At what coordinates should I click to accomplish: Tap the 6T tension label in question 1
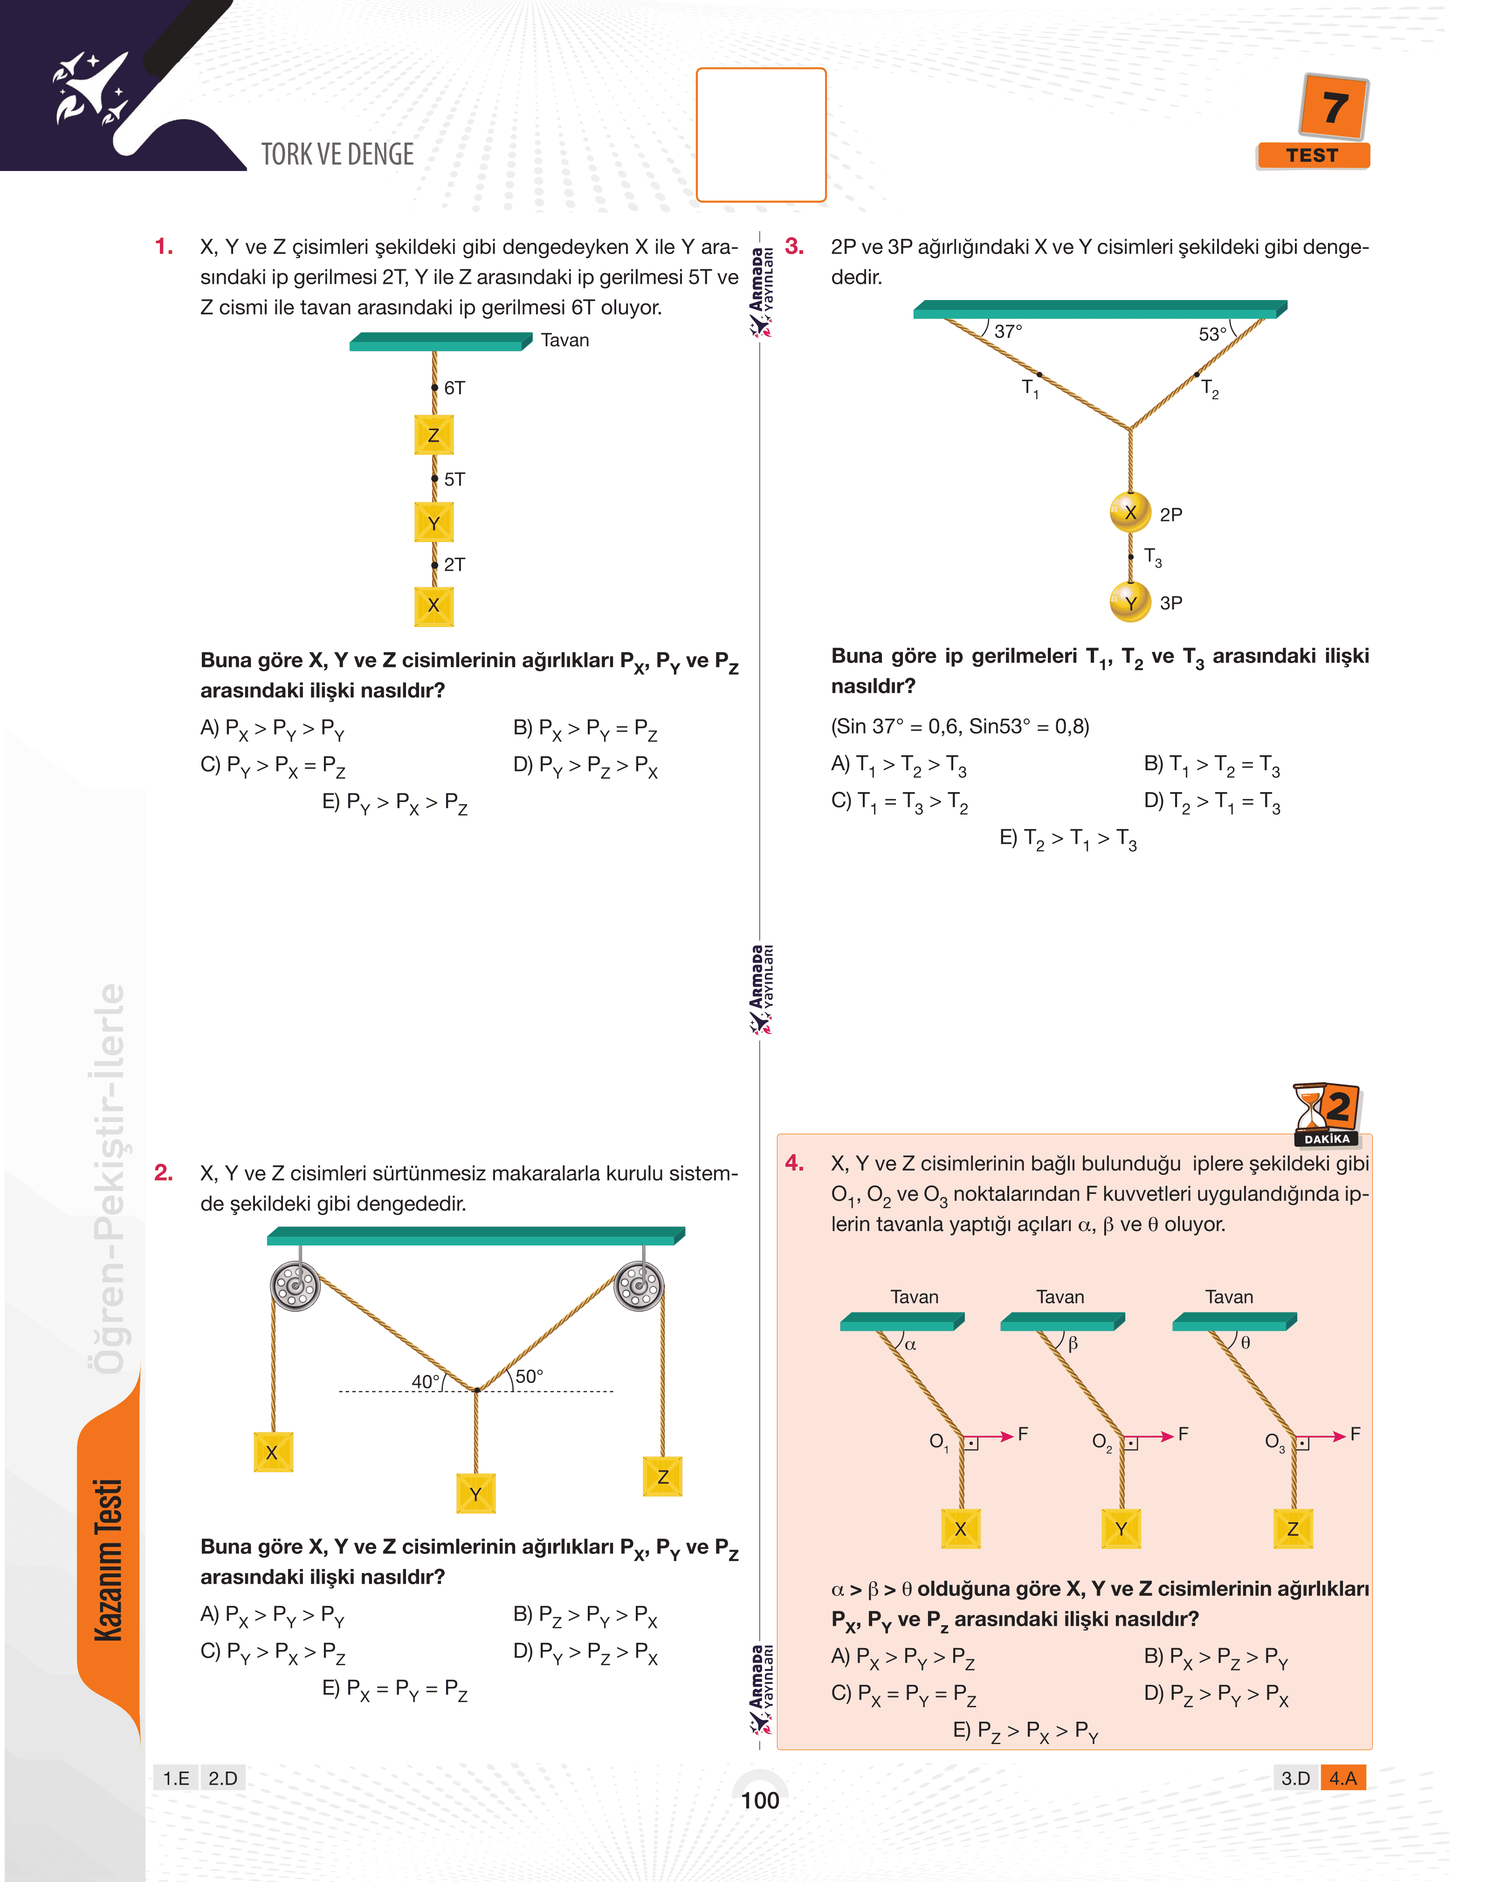[454, 388]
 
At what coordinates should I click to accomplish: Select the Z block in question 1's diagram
[433, 435]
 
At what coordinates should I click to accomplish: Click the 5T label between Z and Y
[454, 479]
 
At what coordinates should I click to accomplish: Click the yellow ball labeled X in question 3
[1130, 512]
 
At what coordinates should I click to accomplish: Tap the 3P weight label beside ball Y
[1171, 602]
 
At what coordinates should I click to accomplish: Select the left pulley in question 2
[295, 1286]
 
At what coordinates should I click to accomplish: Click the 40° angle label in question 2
[425, 1381]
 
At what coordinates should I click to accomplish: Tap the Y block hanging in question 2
[476, 1494]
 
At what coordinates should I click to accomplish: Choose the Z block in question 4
[1293, 1528]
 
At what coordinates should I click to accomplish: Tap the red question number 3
[793, 246]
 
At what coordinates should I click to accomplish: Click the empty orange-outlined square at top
[760, 135]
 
